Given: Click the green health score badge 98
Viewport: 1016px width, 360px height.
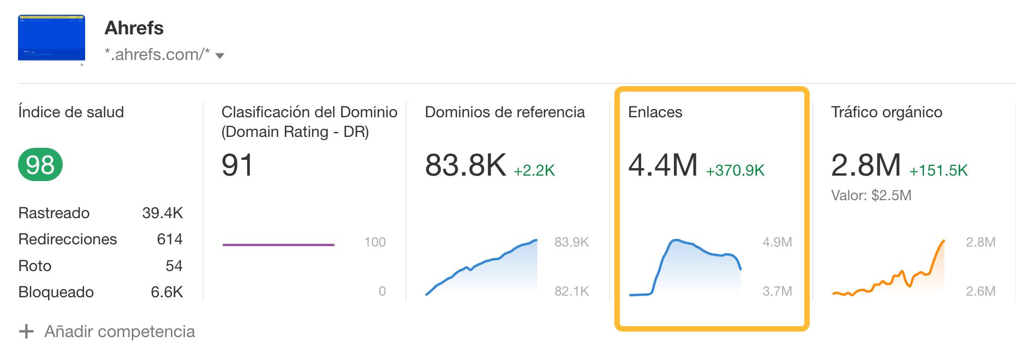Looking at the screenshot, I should coord(40,165).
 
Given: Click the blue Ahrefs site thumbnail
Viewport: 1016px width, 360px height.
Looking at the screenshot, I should coord(51,38).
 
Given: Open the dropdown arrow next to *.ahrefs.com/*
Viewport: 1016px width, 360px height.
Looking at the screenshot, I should coord(220,56).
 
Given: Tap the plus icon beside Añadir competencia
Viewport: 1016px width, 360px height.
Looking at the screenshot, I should coord(26,331).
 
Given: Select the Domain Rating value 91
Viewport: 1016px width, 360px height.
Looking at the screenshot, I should coord(237,165).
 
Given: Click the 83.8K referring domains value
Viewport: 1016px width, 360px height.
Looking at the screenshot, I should coord(465,165).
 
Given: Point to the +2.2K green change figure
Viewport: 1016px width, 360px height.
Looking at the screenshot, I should coord(534,171).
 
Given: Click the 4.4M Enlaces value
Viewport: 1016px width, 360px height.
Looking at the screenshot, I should coord(663,165).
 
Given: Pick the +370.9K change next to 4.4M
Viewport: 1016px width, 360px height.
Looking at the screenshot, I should coord(735,171).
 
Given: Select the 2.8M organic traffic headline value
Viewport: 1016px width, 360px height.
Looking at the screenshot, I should coord(866,165).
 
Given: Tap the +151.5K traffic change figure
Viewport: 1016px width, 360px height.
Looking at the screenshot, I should coord(938,171).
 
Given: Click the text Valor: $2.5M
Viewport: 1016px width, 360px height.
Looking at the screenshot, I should coord(871,195).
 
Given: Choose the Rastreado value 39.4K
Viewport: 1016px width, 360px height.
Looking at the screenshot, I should coord(163,213).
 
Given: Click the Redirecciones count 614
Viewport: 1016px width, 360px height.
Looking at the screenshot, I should coord(170,239).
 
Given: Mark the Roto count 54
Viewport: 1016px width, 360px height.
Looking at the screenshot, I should coord(174,266).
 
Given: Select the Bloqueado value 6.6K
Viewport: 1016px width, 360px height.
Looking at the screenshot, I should coord(166,292).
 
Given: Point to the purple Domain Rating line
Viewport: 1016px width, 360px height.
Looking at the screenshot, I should coord(278,245).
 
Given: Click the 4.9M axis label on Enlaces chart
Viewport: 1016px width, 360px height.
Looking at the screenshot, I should coord(777,242).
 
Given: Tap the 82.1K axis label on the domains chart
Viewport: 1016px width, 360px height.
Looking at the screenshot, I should coord(571,291).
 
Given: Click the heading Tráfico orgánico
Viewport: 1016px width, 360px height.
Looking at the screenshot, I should coord(887,112).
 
